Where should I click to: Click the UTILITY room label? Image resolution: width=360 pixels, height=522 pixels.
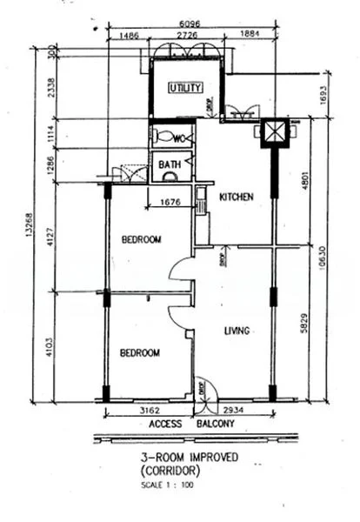click(185, 88)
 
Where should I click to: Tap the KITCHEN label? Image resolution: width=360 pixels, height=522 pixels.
click(236, 197)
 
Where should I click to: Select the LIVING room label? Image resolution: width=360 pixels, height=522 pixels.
click(237, 331)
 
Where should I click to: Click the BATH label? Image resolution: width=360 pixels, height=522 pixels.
click(169, 164)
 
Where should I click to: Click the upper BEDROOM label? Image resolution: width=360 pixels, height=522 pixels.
click(140, 240)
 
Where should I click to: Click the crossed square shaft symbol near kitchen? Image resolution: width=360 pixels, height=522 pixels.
click(272, 133)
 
